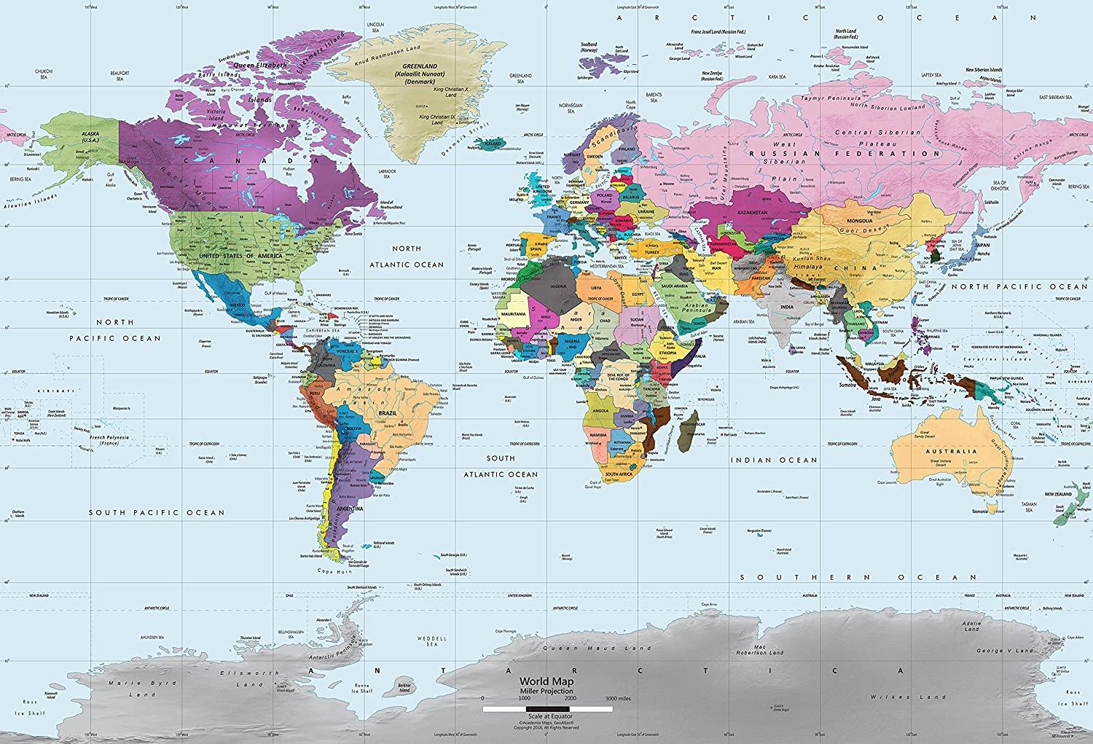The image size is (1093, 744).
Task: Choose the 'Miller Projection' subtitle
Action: (x=546, y=691)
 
